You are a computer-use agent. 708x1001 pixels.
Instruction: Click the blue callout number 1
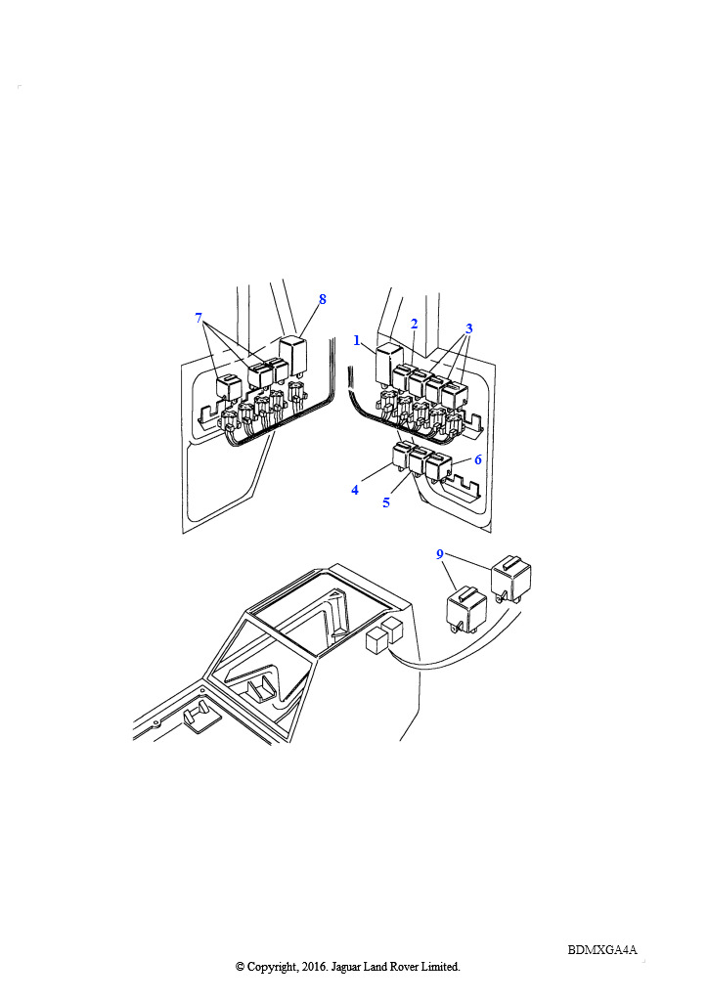click(x=357, y=341)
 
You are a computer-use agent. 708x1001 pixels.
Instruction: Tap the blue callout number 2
click(x=414, y=325)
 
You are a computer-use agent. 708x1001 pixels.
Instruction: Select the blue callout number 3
click(x=468, y=328)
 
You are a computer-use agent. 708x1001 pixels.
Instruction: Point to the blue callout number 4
click(x=355, y=491)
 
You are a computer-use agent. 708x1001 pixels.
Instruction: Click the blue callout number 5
click(x=386, y=503)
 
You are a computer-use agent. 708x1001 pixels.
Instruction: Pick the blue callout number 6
click(x=477, y=459)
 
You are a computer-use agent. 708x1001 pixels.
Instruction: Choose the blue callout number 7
click(x=199, y=318)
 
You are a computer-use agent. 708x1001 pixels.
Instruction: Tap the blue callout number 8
click(x=323, y=299)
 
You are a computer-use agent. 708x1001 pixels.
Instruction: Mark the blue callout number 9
click(x=439, y=554)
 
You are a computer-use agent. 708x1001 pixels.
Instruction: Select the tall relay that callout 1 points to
click(x=385, y=364)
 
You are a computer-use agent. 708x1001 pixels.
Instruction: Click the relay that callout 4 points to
click(x=402, y=457)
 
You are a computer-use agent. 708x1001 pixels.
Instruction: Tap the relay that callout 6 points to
click(x=439, y=466)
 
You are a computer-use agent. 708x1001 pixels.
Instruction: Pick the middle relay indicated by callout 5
click(x=420, y=461)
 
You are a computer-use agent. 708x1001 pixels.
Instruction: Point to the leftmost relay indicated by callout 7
click(x=227, y=387)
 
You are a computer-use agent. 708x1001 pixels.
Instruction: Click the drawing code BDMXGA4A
click(x=602, y=949)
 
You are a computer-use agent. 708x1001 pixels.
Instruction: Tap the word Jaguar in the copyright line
click(x=346, y=967)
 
